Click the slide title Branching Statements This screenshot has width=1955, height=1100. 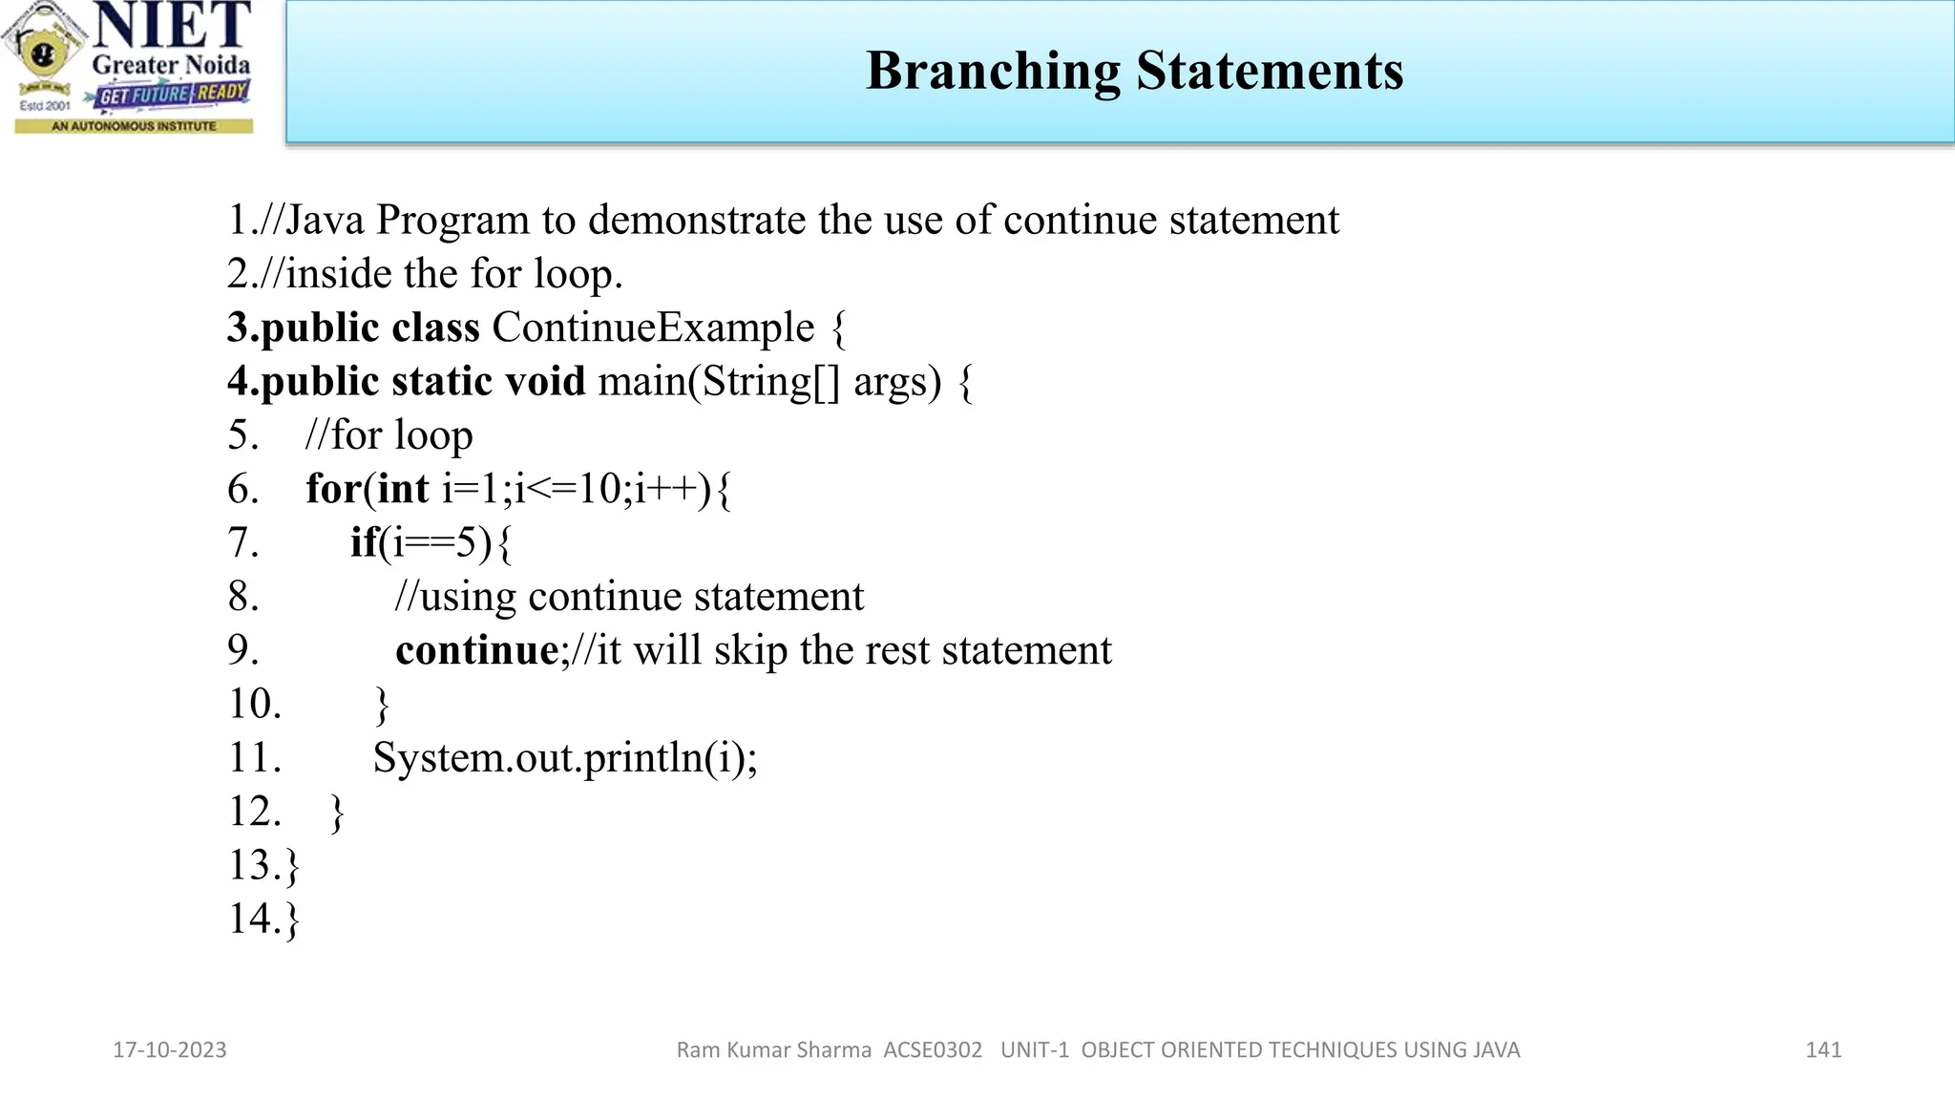[x=1134, y=71]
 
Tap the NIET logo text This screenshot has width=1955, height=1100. [x=172, y=26]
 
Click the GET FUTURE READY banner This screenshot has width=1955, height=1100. [x=173, y=95]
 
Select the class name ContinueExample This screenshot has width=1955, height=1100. [x=653, y=328]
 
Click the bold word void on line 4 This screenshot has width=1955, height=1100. [x=544, y=381]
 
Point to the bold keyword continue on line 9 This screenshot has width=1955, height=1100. [x=477, y=650]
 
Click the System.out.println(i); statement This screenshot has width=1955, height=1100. [x=564, y=758]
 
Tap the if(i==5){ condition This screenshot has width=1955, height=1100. [x=431, y=542]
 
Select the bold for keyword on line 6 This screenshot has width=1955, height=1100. [x=332, y=489]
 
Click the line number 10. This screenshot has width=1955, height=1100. [x=254, y=704]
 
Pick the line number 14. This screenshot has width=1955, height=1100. [x=254, y=919]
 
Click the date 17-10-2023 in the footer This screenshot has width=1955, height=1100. [x=170, y=1050]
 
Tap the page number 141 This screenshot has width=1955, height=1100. [x=1823, y=1050]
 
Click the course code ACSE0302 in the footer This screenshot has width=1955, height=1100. [x=933, y=1050]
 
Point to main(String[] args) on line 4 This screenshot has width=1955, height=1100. [x=768, y=381]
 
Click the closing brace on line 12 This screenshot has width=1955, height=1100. [x=337, y=813]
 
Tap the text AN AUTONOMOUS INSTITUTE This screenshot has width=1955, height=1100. [x=134, y=126]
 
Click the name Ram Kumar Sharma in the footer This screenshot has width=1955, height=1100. [x=773, y=1050]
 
